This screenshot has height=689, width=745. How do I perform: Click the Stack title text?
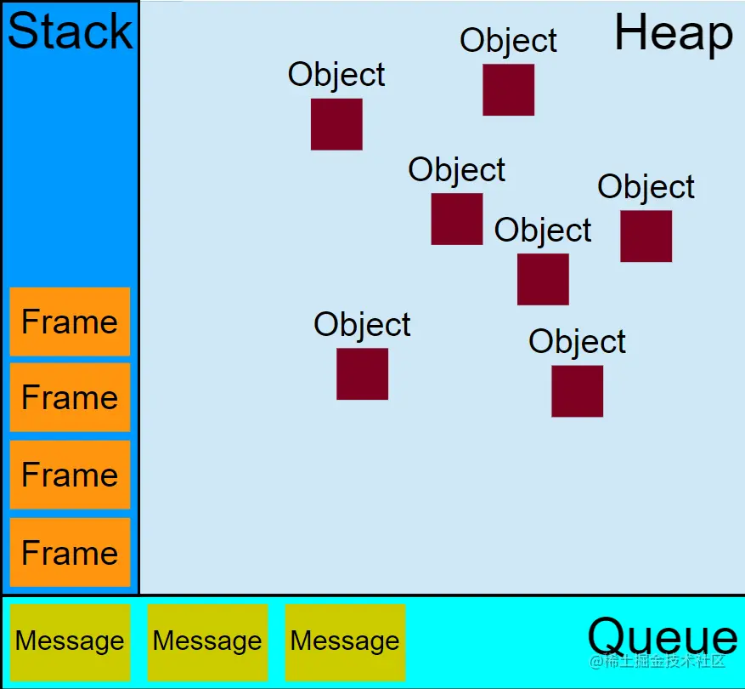click(x=70, y=31)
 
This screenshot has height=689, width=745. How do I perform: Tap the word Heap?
click(x=673, y=34)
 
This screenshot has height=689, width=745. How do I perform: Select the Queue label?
click(x=662, y=636)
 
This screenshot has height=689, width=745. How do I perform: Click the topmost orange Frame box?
click(x=70, y=322)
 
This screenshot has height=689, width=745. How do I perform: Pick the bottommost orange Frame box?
click(x=70, y=552)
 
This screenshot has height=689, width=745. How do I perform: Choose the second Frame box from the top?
click(x=70, y=397)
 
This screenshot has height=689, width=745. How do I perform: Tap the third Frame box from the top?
click(x=70, y=475)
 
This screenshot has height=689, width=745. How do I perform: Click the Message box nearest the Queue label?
click(x=345, y=641)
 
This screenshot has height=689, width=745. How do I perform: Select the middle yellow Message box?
click(x=207, y=641)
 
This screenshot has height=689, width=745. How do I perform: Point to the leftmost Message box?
click(x=70, y=641)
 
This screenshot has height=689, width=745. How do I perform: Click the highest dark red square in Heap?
click(x=508, y=89)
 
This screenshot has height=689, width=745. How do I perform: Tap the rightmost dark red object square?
click(x=646, y=236)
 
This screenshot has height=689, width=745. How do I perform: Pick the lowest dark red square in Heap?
click(x=577, y=390)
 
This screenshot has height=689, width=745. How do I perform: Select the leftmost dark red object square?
click(x=336, y=124)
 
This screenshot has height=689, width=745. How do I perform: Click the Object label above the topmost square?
click(x=508, y=40)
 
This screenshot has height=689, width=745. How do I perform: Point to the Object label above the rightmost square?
click(x=646, y=186)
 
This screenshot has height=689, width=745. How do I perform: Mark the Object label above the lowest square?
click(x=577, y=341)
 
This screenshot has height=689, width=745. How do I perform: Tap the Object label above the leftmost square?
click(x=336, y=75)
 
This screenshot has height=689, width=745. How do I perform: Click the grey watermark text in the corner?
click(x=658, y=661)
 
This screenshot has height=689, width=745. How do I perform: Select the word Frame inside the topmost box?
click(x=70, y=322)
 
